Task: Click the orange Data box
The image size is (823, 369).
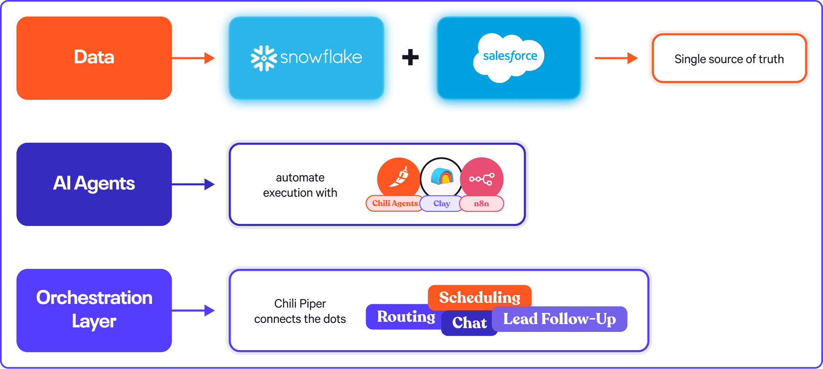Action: click(x=94, y=58)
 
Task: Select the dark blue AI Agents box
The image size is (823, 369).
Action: click(x=94, y=184)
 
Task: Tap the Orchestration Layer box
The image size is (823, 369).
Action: click(x=94, y=310)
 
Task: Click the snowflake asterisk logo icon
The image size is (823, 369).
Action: click(x=264, y=58)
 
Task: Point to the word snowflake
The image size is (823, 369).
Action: click(x=321, y=57)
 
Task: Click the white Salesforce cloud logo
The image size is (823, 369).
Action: click(x=509, y=57)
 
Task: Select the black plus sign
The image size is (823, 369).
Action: click(x=410, y=57)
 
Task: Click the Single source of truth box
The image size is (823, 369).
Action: click(x=729, y=59)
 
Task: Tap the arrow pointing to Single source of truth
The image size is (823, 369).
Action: click(x=616, y=58)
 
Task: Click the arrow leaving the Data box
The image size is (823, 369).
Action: click(x=193, y=58)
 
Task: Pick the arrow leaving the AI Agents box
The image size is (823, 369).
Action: click(x=193, y=184)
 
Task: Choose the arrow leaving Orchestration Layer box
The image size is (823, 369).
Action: click(x=193, y=310)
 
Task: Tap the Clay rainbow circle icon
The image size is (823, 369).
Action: click(x=441, y=178)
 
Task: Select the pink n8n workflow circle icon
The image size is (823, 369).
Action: click(x=482, y=178)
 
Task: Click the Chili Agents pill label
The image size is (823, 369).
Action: click(x=394, y=203)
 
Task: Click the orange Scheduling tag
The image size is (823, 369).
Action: click(x=479, y=297)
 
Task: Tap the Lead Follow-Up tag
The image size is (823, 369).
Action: click(x=559, y=319)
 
